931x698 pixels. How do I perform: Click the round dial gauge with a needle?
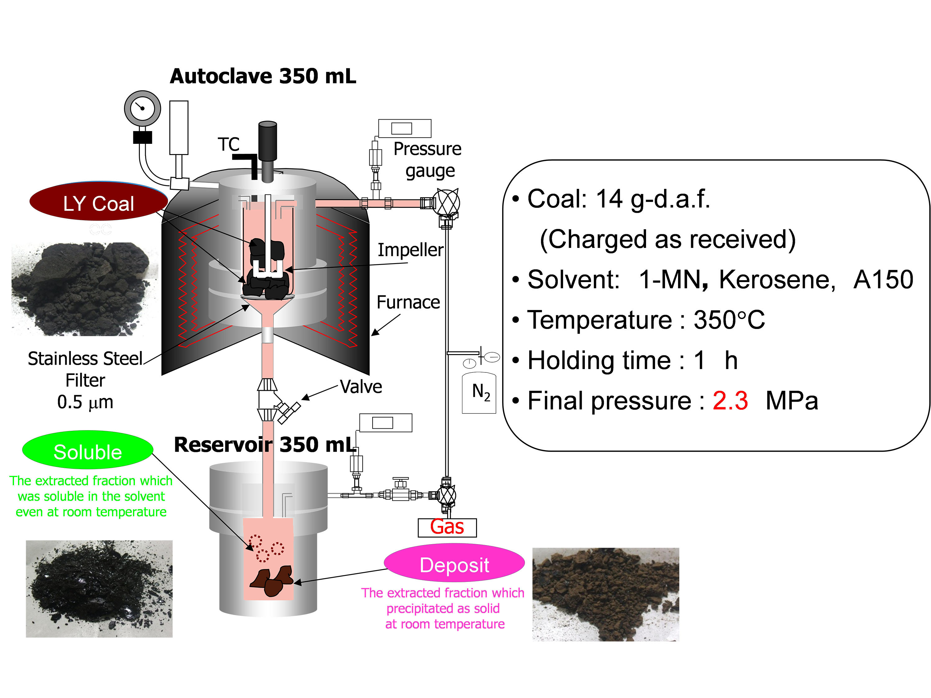pyautogui.click(x=143, y=108)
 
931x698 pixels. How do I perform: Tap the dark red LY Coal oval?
pyautogui.click(x=99, y=204)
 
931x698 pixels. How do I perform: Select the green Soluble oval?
pyautogui.click(x=88, y=452)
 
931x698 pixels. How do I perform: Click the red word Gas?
pyautogui.click(x=447, y=527)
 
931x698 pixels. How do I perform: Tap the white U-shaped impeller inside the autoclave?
pyautogui.click(x=267, y=269)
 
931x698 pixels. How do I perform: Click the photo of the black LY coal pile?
pyautogui.click(x=82, y=282)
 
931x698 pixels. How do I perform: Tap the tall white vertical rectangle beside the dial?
pyautogui.click(x=179, y=127)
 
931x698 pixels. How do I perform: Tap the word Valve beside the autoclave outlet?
pyautogui.click(x=360, y=386)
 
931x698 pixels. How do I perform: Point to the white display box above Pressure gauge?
pyautogui.click(x=405, y=128)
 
